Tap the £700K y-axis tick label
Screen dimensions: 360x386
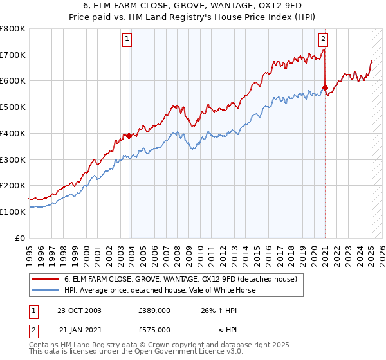click(x=13, y=55)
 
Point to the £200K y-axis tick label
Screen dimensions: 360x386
click(x=13, y=186)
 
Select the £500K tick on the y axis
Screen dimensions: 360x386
click(x=13, y=107)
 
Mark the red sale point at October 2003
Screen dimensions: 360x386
click(x=129, y=136)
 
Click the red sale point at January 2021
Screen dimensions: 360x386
click(x=325, y=87)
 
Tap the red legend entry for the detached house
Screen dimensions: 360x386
click(x=180, y=279)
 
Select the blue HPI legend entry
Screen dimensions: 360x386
click(x=160, y=290)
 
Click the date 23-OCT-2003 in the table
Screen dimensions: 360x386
click(x=79, y=310)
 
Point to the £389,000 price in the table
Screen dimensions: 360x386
click(x=154, y=310)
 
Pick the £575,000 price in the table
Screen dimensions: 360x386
click(x=154, y=330)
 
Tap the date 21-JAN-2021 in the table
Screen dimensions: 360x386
click(x=79, y=330)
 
